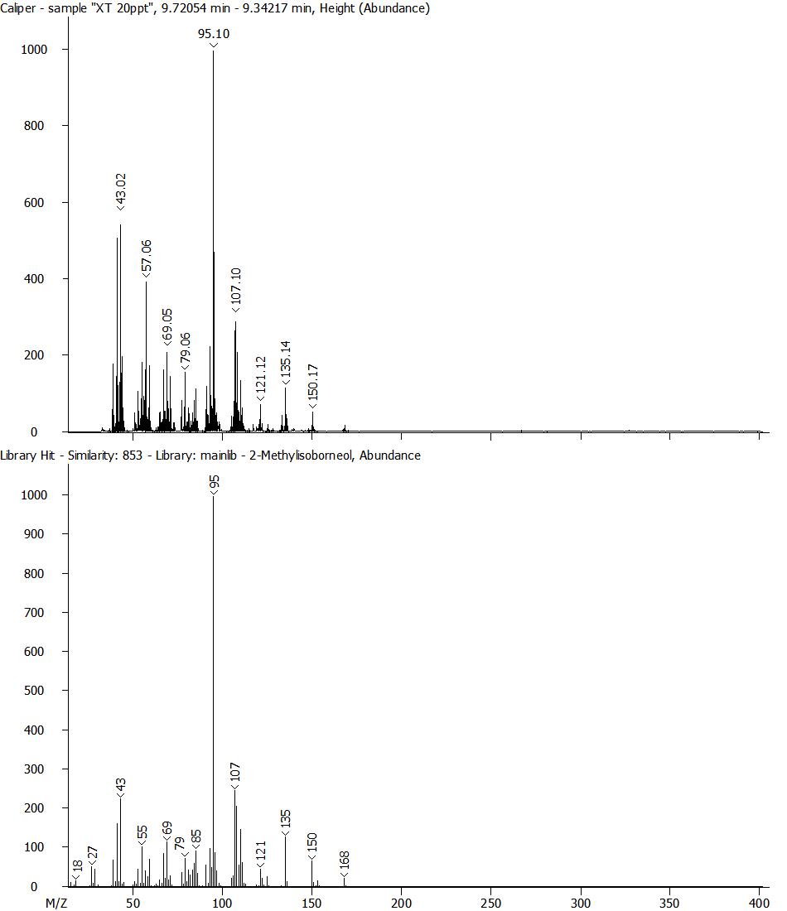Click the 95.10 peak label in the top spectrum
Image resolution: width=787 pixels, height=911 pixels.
(213, 34)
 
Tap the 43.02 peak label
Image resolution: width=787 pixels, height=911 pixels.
(121, 191)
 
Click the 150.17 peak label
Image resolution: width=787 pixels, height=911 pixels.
(312, 385)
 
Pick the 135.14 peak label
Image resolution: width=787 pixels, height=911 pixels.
(286, 362)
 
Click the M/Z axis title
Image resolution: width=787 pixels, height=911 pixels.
(56, 901)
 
